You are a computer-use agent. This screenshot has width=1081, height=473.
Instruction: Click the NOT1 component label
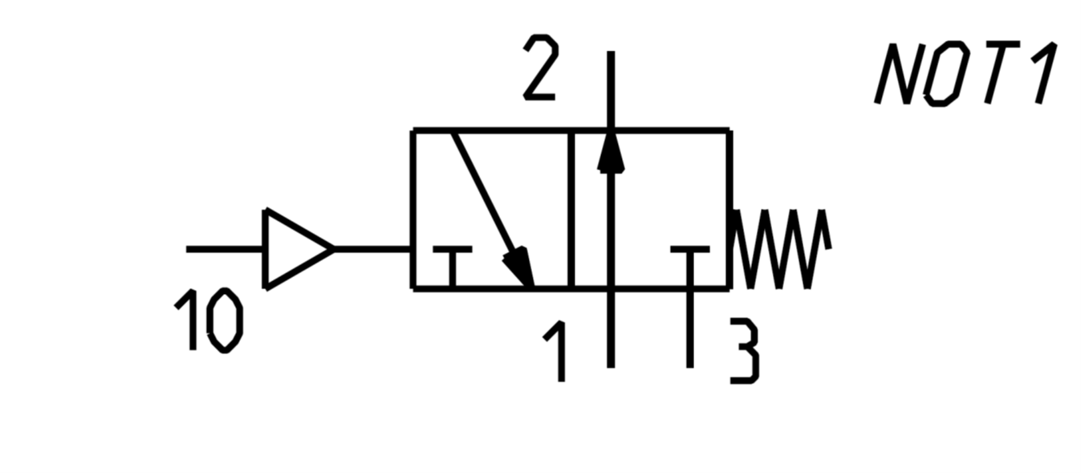tap(966, 73)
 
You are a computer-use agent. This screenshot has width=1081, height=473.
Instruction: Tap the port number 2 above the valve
tap(541, 67)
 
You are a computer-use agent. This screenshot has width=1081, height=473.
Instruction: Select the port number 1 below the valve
tap(555, 351)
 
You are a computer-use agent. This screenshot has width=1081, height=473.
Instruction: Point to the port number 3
tap(744, 351)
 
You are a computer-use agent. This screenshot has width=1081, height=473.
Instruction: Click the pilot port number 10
tap(209, 320)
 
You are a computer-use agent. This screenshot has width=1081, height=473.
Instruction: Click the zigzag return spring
tap(780, 249)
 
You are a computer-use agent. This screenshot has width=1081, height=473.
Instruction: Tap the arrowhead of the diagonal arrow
tap(520, 267)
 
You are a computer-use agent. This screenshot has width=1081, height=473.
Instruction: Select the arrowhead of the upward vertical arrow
tap(611, 151)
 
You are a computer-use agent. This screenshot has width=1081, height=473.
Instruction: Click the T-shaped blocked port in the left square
tap(452, 267)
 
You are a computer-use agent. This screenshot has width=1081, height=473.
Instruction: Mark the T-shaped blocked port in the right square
tap(690, 267)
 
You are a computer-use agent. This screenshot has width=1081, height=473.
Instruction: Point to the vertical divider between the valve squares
tap(571, 210)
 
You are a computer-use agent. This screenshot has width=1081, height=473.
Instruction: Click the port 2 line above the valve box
tap(611, 90)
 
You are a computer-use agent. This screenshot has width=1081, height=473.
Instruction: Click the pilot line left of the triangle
tap(225, 249)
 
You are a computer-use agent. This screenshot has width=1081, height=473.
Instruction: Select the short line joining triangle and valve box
tap(372, 249)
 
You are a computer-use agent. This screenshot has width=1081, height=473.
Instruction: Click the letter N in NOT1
tap(900, 73)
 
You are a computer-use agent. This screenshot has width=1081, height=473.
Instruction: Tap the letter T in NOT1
tap(1001, 72)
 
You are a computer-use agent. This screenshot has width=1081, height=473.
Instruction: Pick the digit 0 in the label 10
tap(226, 320)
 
